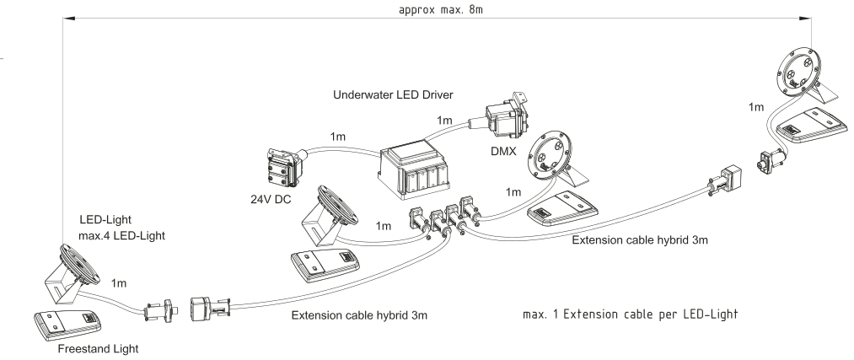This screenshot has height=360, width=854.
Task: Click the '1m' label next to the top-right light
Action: coord(756,108)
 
